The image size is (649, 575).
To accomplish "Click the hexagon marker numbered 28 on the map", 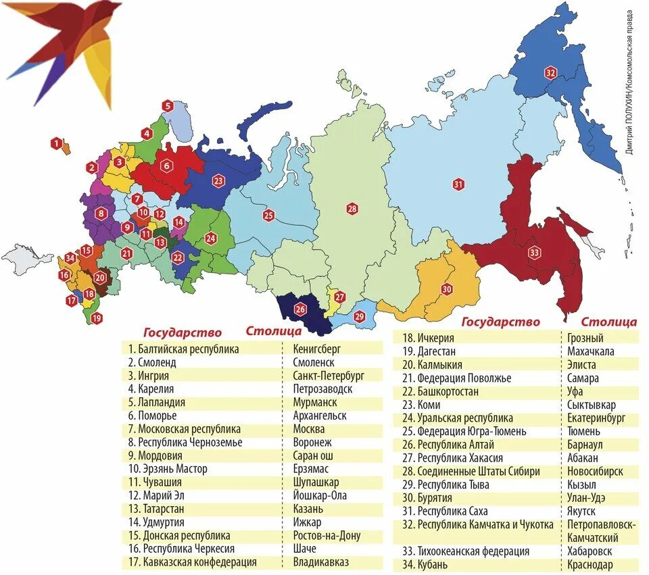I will (352, 209).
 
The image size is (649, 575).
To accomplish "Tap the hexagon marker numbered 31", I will (458, 184).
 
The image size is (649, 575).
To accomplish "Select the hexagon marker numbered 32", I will (550, 72).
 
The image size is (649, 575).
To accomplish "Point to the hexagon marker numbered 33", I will (535, 253).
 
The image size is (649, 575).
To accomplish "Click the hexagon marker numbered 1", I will (57, 143).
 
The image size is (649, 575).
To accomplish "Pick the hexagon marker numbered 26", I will (300, 309).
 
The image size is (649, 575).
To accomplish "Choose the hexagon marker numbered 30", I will (447, 289).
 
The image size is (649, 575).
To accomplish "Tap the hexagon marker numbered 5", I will (167, 105).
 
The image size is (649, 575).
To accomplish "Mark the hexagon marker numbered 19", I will (97, 318).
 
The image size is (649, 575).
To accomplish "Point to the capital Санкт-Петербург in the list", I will (329, 376).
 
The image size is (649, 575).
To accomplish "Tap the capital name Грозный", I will (585, 338).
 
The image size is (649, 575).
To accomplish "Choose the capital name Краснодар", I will (590, 564).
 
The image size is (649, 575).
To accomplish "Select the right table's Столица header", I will (608, 322).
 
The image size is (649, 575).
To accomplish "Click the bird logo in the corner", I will (68, 51).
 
